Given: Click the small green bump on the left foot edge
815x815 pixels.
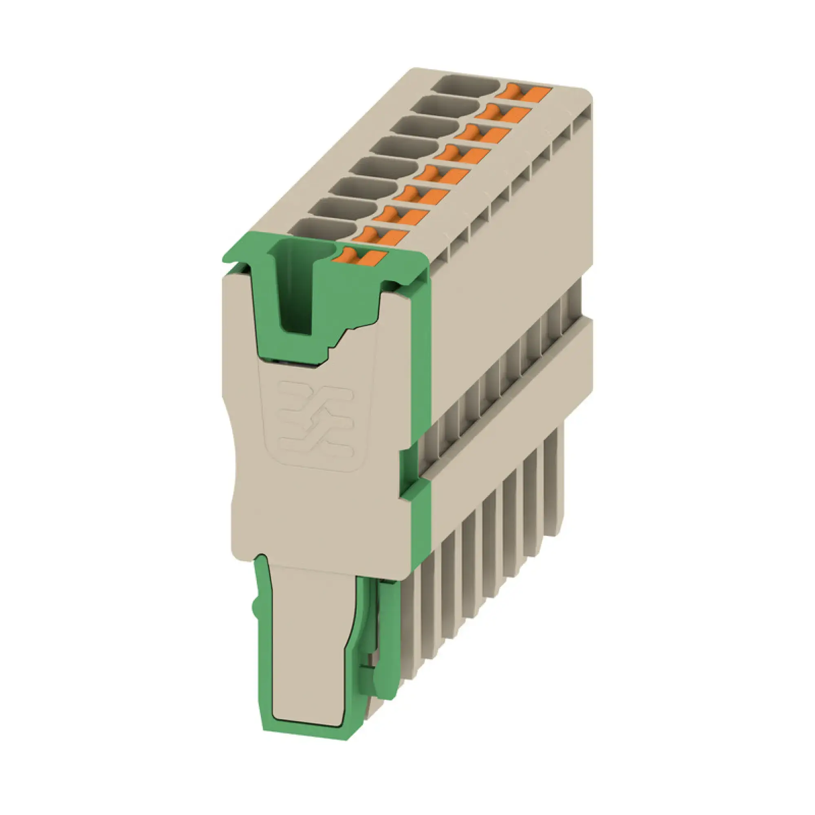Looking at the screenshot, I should point(254,608).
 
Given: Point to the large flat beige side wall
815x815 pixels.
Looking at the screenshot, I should point(506,253).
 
